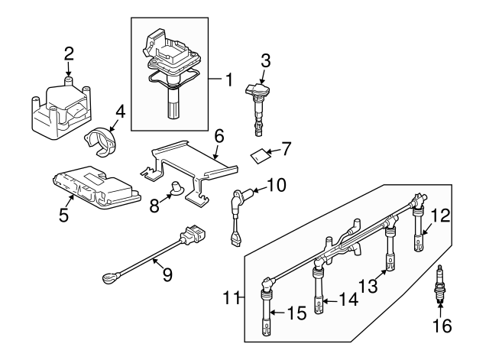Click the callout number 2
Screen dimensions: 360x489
click(x=69, y=54)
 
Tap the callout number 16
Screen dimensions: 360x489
click(x=442, y=326)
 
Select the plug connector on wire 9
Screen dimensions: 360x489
click(x=192, y=231)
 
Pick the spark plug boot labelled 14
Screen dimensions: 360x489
click(x=317, y=294)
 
